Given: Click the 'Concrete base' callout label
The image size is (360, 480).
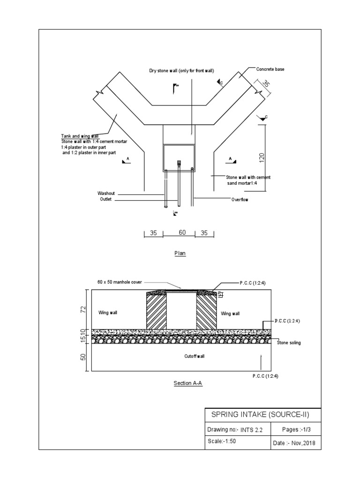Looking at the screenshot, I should click(x=270, y=69).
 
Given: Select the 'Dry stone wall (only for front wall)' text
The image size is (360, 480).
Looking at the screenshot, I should click(x=181, y=71).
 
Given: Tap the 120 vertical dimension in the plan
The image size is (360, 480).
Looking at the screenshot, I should click(x=262, y=157).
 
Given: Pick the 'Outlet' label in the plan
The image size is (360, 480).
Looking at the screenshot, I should click(x=106, y=200).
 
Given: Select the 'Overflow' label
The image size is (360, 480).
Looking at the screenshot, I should click(x=240, y=200).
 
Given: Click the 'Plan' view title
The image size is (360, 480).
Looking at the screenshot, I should click(x=180, y=253).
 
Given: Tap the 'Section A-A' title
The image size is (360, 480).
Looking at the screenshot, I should click(x=187, y=383).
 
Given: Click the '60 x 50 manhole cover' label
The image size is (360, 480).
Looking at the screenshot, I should click(x=120, y=283).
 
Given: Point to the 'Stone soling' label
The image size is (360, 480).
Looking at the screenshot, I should click(x=289, y=343).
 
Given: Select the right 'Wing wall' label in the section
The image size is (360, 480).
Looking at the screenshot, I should click(x=230, y=314).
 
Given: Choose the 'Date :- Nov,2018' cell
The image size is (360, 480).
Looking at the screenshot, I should click(x=294, y=443).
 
